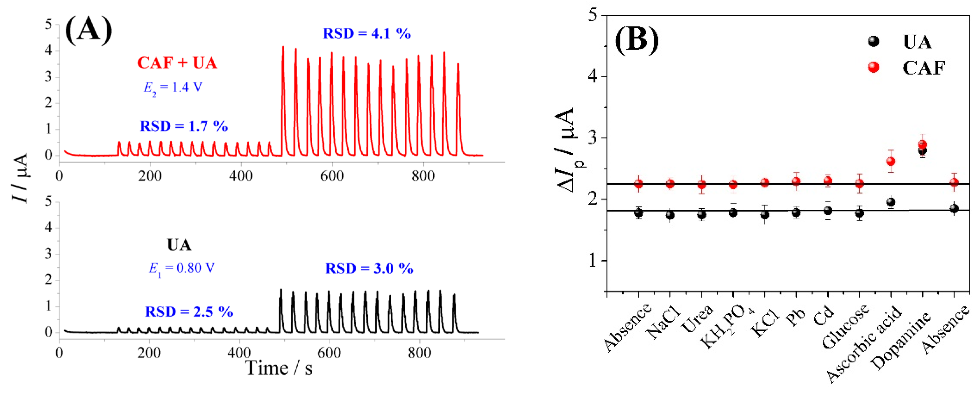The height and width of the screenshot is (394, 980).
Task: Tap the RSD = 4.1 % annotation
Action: click(367, 33)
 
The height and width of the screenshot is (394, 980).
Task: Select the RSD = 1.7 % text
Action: click(184, 126)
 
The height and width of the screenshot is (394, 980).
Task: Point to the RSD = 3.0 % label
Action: click(369, 269)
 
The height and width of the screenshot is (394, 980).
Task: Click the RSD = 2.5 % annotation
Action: click(189, 312)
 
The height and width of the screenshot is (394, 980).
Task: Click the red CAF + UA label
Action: click(177, 63)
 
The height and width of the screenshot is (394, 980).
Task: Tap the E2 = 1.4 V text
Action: click(172, 88)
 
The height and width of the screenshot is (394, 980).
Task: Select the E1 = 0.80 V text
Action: click(181, 269)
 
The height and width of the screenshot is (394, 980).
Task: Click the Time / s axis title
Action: click(279, 368)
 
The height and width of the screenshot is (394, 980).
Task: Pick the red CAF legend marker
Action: click(873, 67)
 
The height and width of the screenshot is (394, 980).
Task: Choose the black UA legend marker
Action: click(873, 41)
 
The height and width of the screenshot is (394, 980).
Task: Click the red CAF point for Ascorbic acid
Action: click(891, 161)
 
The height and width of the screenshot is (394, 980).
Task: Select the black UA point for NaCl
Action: click(670, 215)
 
